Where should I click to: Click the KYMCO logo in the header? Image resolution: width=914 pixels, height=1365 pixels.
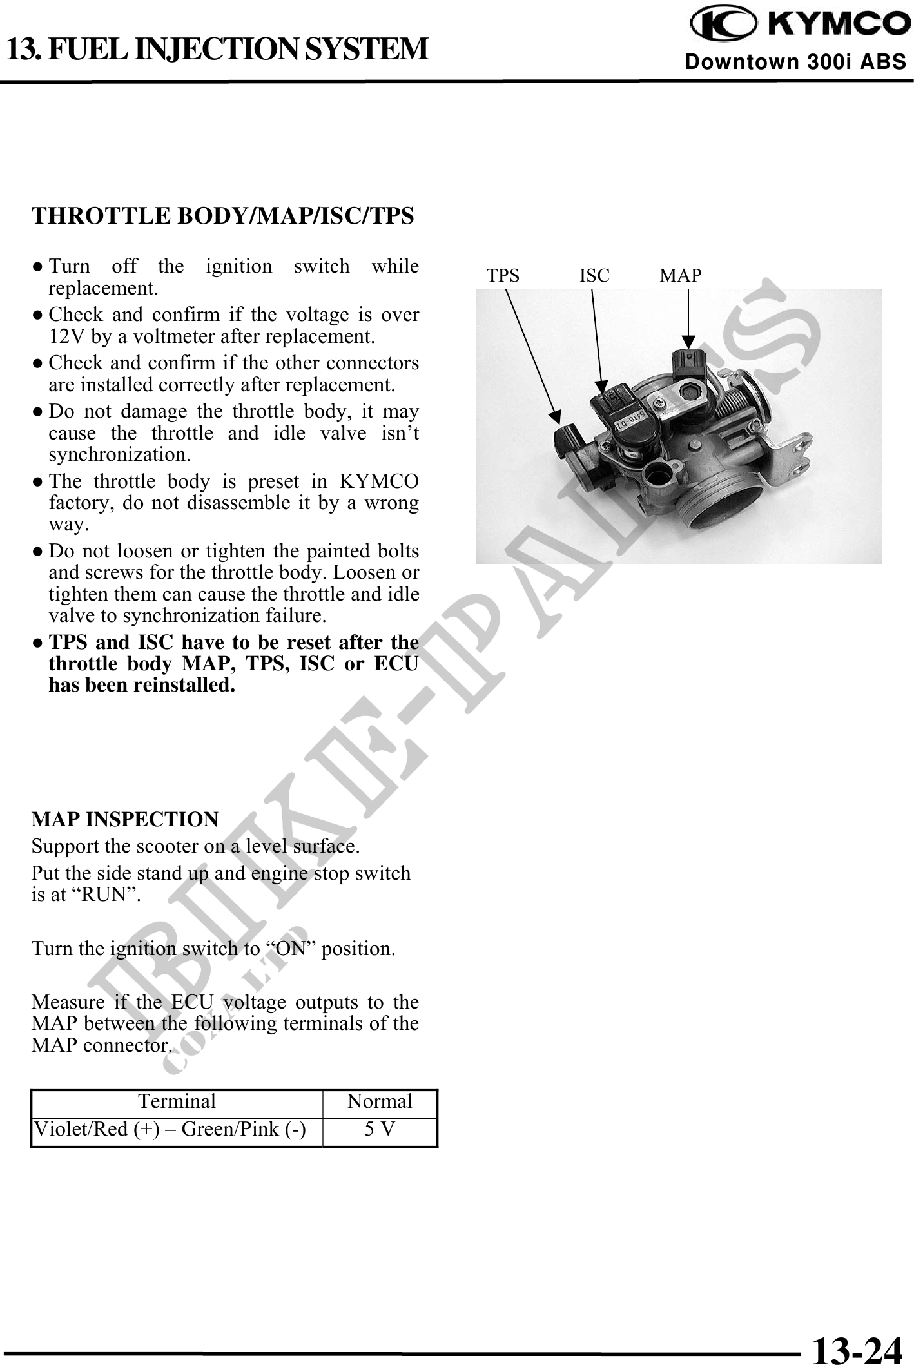(798, 24)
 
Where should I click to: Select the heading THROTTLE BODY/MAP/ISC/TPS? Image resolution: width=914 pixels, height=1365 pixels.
(222, 216)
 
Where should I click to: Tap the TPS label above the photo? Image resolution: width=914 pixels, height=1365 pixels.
(503, 276)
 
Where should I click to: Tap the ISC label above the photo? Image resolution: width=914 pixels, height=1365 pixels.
(594, 276)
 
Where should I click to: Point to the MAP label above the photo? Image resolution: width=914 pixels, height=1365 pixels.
(681, 276)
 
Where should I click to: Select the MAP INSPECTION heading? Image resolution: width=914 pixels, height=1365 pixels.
(124, 819)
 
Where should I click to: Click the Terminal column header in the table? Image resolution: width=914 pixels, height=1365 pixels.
(177, 1101)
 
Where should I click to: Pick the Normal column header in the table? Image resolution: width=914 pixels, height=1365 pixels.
(380, 1101)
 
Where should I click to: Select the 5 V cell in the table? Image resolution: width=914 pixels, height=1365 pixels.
(380, 1129)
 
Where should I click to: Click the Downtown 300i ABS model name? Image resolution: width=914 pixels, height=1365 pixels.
(795, 62)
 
